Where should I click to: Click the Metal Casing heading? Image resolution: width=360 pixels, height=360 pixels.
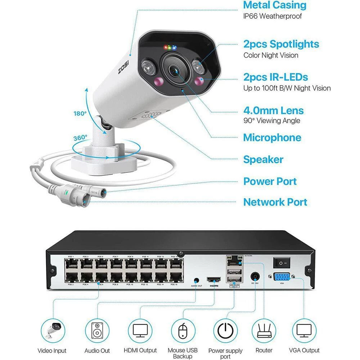pyautogui.click(x=275, y=5)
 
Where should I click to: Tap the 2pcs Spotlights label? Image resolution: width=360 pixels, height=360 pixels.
pyautogui.click(x=281, y=44)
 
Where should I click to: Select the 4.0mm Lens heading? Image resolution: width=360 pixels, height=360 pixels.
pyautogui.click(x=273, y=111)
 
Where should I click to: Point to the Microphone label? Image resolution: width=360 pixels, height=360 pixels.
pyautogui.click(x=272, y=138)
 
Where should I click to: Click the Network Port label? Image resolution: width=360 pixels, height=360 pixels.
pyautogui.click(x=275, y=202)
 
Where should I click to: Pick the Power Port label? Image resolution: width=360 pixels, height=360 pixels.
pyautogui.click(x=270, y=181)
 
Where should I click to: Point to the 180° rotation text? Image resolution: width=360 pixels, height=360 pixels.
pyautogui.click(x=80, y=113)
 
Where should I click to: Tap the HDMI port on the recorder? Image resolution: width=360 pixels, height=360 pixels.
pyautogui.click(x=214, y=279)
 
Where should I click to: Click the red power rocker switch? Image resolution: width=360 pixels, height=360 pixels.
pyautogui.click(x=282, y=263)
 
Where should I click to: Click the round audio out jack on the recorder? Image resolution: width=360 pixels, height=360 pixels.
pyautogui.click(x=197, y=280)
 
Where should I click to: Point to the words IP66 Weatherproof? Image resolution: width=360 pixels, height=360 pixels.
pyautogui.click(x=273, y=16)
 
